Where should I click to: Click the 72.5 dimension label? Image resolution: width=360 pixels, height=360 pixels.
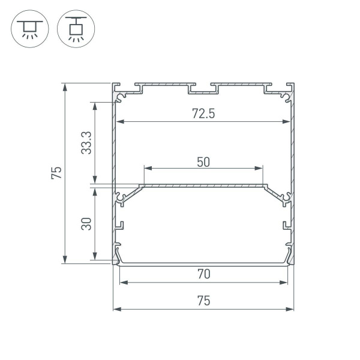coord(203,113)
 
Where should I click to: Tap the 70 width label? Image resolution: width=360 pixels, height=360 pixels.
coord(203,274)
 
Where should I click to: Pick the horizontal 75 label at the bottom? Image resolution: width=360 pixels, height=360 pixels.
coord(203,301)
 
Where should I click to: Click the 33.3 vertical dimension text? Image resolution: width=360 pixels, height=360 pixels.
coord(86,144)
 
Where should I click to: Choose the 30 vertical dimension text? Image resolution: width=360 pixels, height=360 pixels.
coord(86,224)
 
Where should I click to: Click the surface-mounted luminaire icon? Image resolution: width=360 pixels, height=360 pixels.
coord(28,28)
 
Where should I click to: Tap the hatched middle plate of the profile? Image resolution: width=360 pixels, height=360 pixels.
coord(203,187)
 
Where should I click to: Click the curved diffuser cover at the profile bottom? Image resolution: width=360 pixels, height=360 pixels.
coord(203,262)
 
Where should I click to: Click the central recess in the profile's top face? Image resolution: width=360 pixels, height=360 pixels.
coord(203,90)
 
